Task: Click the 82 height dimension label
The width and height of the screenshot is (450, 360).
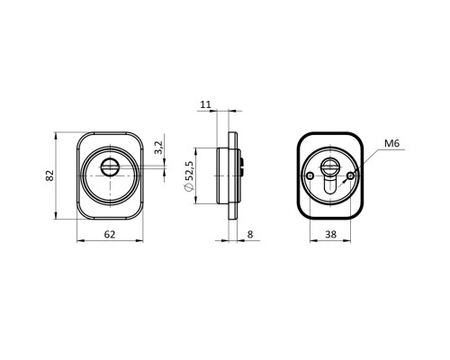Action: [x=50, y=175]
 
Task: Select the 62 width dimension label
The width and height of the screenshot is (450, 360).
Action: [x=110, y=234]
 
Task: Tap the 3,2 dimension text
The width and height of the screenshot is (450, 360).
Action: [x=158, y=148]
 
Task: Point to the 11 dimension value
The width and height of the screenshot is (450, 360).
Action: [x=206, y=104]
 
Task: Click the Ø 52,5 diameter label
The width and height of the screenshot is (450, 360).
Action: [x=190, y=175]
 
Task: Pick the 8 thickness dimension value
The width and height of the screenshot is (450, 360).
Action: [x=250, y=234]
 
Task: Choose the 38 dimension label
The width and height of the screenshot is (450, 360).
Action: [x=330, y=234]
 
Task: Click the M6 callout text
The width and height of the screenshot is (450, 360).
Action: [x=392, y=143]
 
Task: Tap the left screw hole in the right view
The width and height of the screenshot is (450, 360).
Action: [x=310, y=175]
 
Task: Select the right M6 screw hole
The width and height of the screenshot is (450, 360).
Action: [x=350, y=175]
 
